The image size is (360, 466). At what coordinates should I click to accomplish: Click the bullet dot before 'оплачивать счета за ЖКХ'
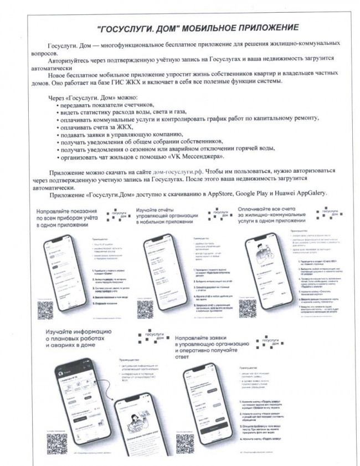click(x=57, y=126)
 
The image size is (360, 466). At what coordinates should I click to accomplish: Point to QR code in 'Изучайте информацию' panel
click(x=57, y=443)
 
